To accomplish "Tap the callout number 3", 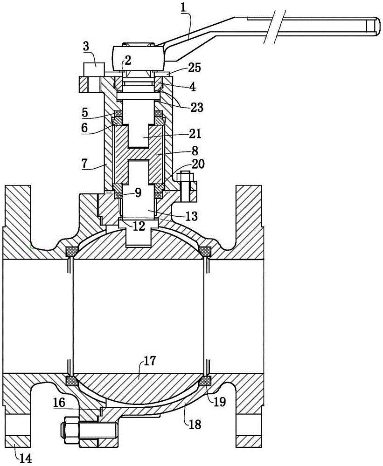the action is (x=86, y=47).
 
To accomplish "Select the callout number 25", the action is (x=195, y=68).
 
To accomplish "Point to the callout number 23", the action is (x=197, y=107).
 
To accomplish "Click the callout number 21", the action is (x=195, y=134).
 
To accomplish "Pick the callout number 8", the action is (x=195, y=151).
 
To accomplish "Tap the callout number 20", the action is (x=198, y=164).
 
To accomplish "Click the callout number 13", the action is (x=192, y=216).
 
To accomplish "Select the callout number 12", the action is (x=139, y=226).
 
